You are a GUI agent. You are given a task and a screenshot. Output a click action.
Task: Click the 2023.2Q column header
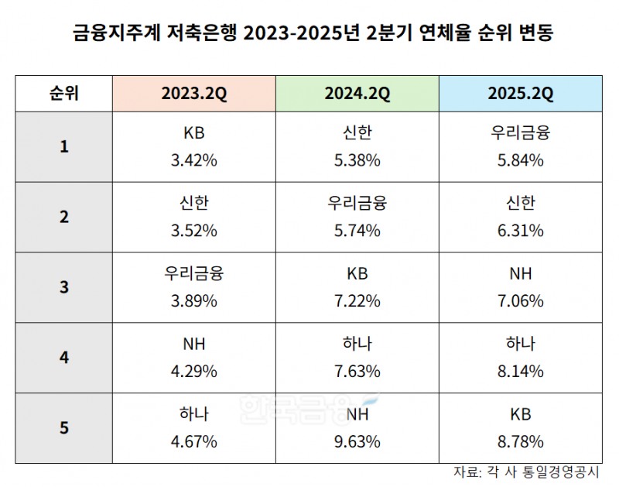click(194, 94)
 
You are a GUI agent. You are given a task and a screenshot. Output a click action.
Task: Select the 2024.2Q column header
click(357, 94)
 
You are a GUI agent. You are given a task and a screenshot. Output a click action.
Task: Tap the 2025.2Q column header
click(520, 94)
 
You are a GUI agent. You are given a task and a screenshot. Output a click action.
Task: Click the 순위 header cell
click(63, 94)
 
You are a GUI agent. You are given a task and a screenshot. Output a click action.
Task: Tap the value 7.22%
click(357, 301)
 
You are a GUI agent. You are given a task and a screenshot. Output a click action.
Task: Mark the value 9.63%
click(357, 442)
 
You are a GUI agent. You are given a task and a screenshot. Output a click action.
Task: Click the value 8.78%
click(520, 442)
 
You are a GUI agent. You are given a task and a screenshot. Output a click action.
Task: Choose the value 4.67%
click(194, 442)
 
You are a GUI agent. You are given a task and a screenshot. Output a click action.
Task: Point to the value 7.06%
click(520, 301)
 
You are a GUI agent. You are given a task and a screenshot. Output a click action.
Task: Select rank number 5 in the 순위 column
click(63, 428)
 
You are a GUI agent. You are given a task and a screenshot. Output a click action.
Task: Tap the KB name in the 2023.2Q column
click(194, 132)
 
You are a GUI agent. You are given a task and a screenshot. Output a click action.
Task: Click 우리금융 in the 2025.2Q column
click(520, 132)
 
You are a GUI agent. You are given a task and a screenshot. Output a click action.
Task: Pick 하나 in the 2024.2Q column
click(357, 344)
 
